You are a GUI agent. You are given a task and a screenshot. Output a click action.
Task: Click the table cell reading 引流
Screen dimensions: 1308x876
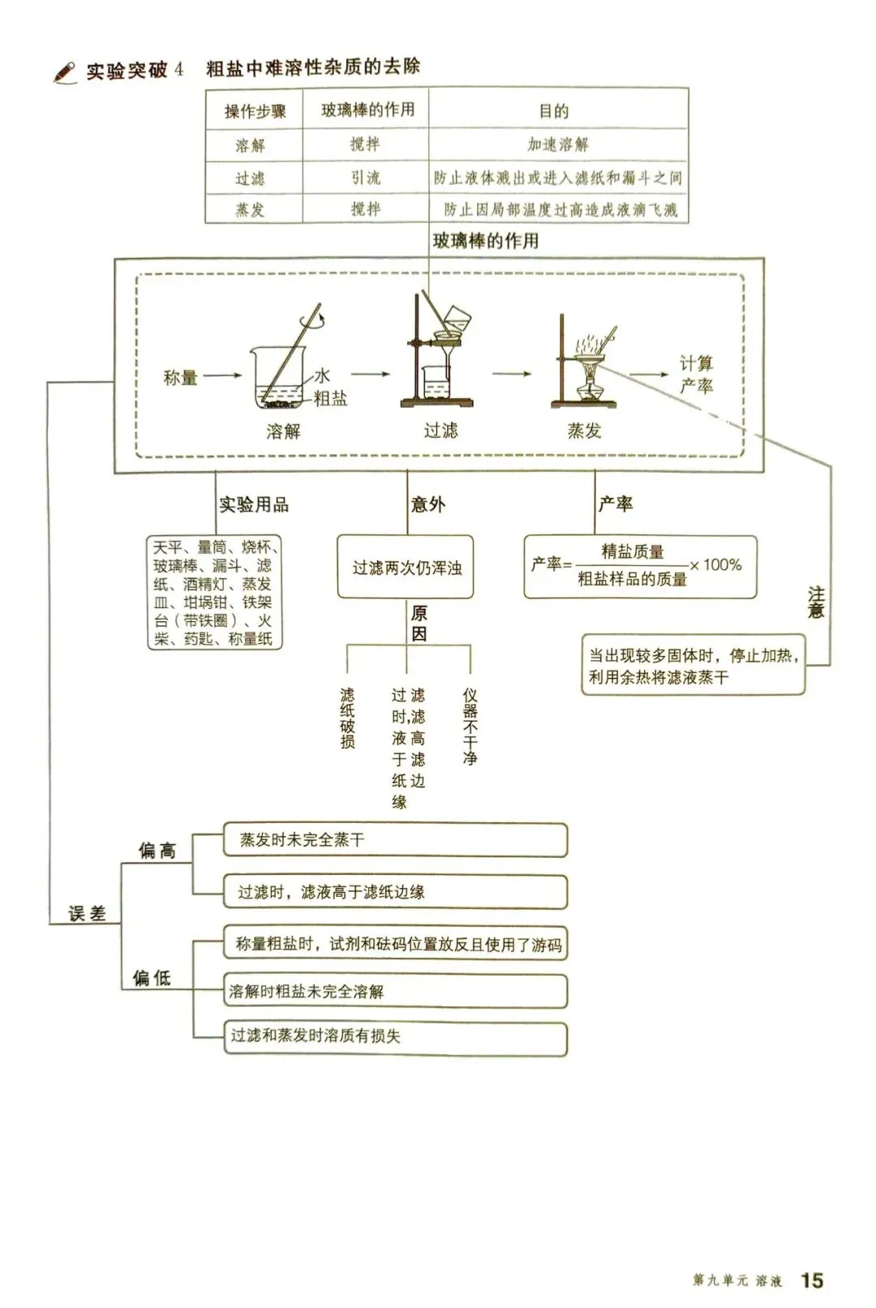(x=365, y=178)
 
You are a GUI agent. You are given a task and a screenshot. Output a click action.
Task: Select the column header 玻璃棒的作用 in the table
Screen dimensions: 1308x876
(x=367, y=110)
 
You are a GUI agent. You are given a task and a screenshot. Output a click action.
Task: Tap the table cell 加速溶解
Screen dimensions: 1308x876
(x=558, y=145)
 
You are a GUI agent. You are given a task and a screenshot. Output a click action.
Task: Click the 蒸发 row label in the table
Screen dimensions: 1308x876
(x=250, y=210)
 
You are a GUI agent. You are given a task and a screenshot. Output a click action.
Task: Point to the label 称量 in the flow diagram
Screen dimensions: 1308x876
(x=180, y=377)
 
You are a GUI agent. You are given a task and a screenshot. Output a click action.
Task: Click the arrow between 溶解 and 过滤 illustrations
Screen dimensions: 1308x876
(x=371, y=375)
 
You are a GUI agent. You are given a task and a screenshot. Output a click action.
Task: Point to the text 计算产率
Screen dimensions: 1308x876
(x=696, y=374)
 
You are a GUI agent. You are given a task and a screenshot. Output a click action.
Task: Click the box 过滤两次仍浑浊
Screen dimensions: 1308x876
(x=406, y=568)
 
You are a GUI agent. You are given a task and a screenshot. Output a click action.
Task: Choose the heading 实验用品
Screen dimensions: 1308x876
(x=254, y=504)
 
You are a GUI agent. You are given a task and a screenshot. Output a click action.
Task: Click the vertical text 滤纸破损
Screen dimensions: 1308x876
(x=347, y=718)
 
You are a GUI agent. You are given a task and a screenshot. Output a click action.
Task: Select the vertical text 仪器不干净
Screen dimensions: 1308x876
(x=470, y=727)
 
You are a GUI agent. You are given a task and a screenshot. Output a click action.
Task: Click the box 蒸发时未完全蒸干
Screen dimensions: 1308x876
(x=395, y=840)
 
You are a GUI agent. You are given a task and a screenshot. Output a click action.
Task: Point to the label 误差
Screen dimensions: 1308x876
(x=87, y=914)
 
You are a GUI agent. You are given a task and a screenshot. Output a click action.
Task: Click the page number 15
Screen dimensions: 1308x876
(x=812, y=1280)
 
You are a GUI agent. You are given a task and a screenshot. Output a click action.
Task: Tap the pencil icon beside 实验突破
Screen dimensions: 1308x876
(x=65, y=72)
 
